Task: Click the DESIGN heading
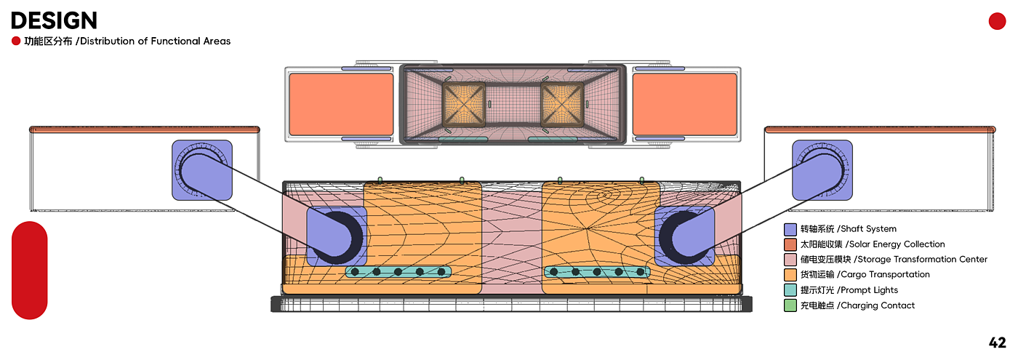pyautogui.click(x=54, y=20)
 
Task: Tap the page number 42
pyautogui.click(x=997, y=343)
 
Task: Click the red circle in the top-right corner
pyautogui.click(x=997, y=21)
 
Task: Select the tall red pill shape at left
pyautogui.click(x=30, y=270)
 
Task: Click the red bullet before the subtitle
pyautogui.click(x=16, y=41)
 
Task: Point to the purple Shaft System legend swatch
pyautogui.click(x=790, y=230)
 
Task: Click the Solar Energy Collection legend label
pyautogui.click(x=872, y=244)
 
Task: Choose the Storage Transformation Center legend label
pyautogui.click(x=894, y=259)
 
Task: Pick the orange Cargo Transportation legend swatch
pyautogui.click(x=790, y=275)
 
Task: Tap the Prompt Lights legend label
pyautogui.click(x=849, y=290)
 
